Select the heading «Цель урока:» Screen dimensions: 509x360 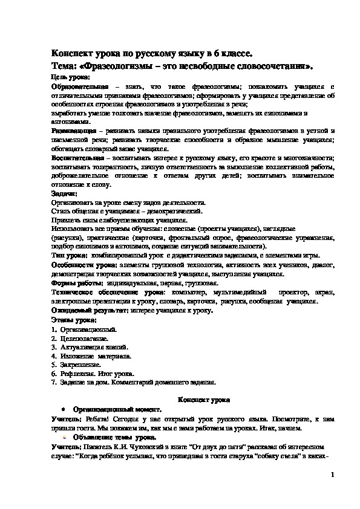click(70, 77)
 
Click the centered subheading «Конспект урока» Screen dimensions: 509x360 click(202, 400)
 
